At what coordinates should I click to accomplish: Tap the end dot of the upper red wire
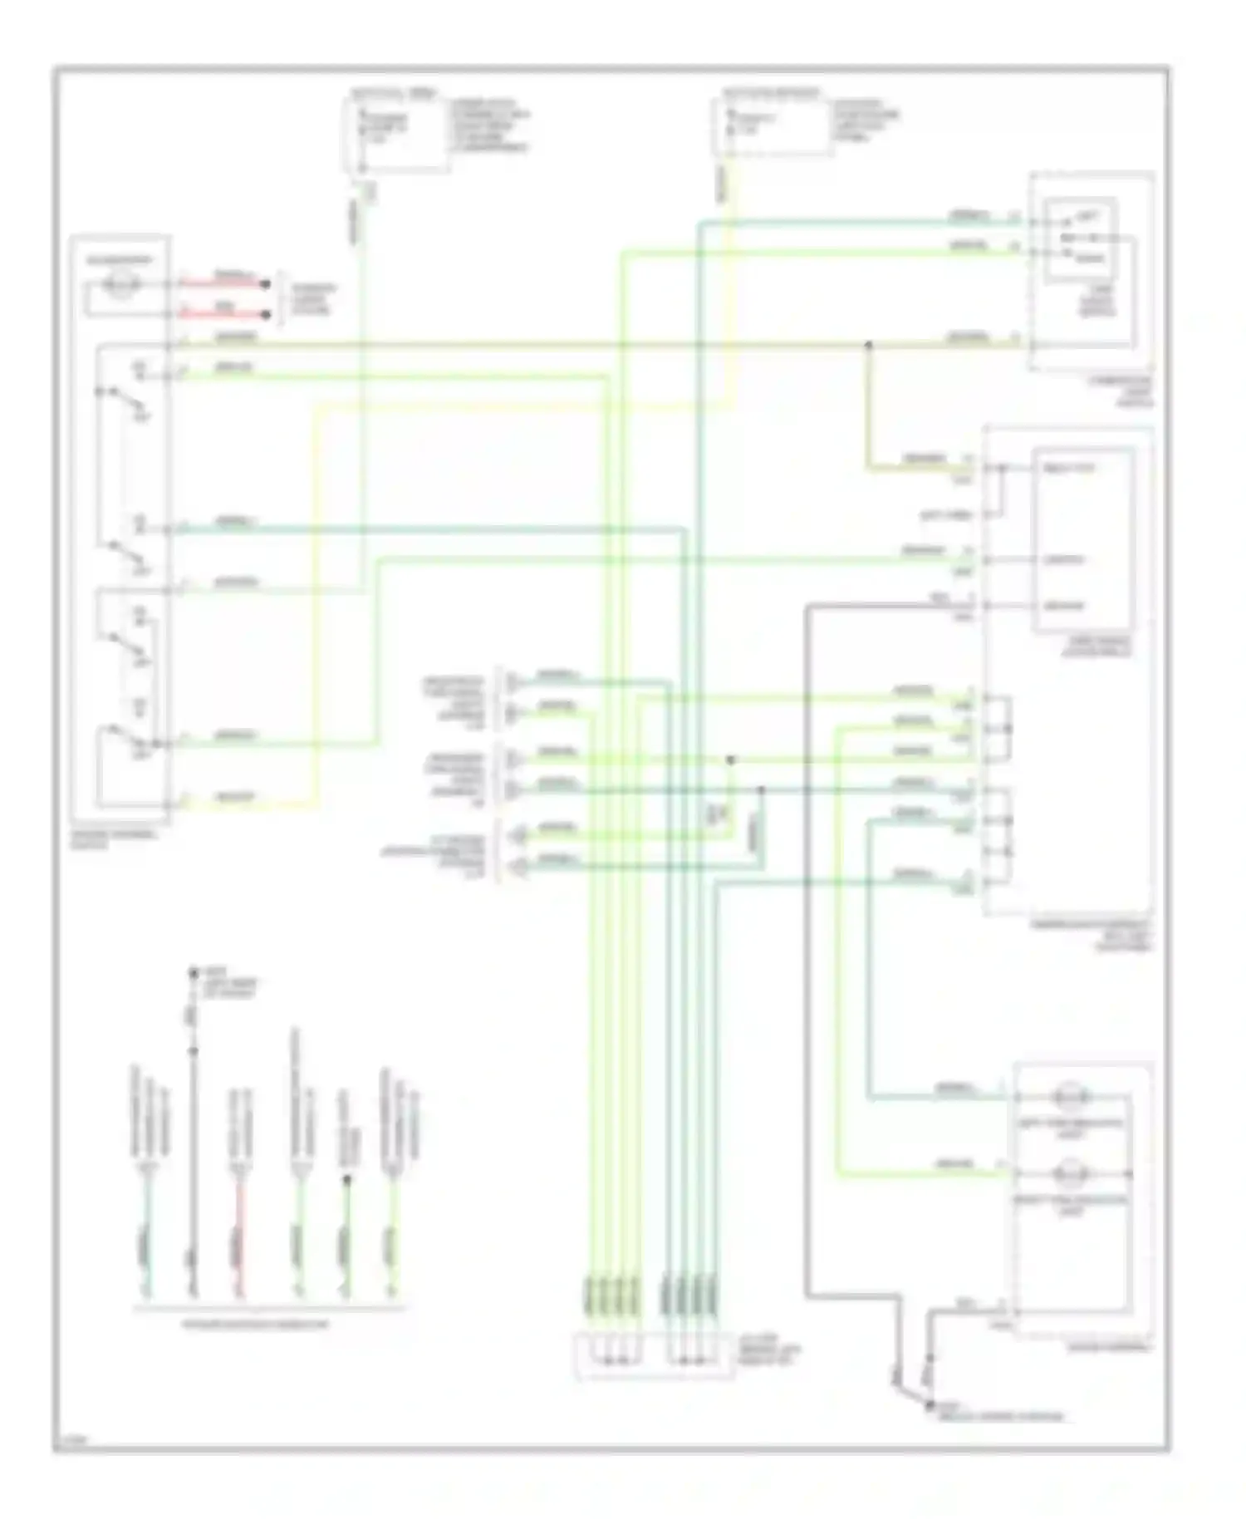point(266,284)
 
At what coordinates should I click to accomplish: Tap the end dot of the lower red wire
point(266,315)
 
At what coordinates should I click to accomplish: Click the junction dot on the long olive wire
point(869,345)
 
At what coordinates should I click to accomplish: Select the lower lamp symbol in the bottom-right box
point(1070,1174)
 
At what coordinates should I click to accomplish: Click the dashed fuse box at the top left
point(396,135)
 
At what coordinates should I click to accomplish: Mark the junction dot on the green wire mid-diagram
point(731,760)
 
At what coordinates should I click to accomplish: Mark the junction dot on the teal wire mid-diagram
point(761,789)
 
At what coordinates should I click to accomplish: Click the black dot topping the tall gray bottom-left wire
point(193,971)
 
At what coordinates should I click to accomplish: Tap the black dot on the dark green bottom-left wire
point(346,1179)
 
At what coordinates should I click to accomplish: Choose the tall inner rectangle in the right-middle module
point(1083,540)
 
